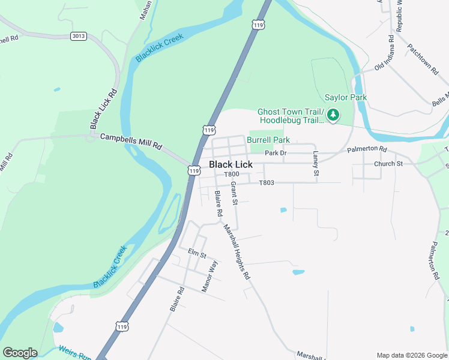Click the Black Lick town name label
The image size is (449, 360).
(x=231, y=164)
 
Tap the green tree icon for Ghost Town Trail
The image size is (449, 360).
(x=333, y=115)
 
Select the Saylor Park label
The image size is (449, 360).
(x=345, y=97)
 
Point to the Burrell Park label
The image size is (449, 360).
(x=268, y=140)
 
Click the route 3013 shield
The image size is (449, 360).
(x=78, y=36)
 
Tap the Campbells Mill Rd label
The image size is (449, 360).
(x=131, y=141)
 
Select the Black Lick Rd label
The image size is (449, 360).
(x=103, y=109)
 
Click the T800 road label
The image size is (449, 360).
(x=232, y=175)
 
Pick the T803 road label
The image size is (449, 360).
(x=267, y=182)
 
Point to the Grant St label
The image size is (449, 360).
(x=234, y=194)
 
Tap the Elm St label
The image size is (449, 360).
(x=197, y=253)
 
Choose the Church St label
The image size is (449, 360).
(x=388, y=163)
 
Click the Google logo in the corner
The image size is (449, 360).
(x=20, y=353)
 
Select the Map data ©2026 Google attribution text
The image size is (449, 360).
(x=412, y=355)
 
